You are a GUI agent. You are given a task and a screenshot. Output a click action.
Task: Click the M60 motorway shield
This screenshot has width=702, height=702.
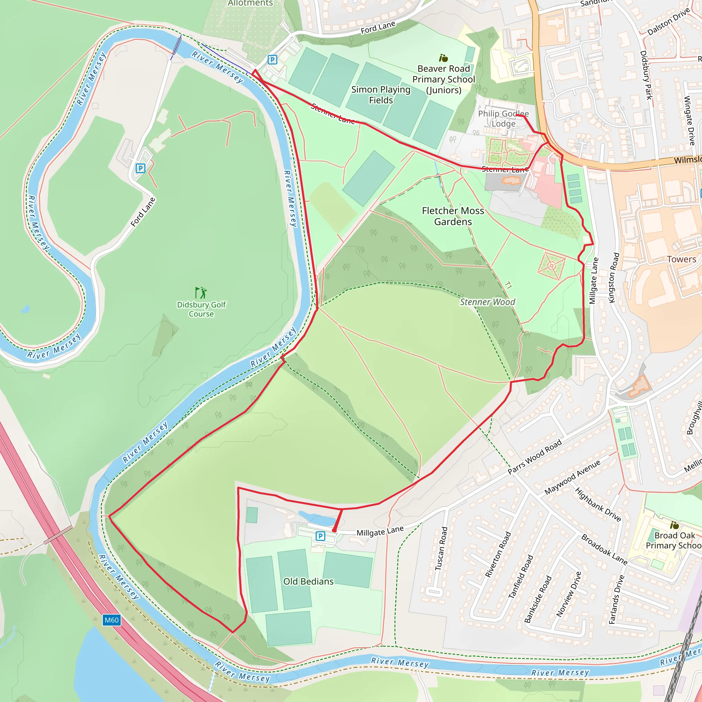coord(111,620)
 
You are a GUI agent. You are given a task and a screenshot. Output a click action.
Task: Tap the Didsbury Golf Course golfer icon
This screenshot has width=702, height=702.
coord(201,292)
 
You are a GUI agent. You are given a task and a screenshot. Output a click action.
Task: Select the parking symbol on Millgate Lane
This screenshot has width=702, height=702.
coord(320,536)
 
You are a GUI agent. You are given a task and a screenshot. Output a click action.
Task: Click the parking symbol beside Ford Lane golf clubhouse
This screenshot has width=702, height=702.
coord(140,168)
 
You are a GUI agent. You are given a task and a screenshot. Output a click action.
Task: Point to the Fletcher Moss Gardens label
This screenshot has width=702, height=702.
coord(453,216)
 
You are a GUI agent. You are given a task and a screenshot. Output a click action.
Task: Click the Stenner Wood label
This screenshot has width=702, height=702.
coord(487,302)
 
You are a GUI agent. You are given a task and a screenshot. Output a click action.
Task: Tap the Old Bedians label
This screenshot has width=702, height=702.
coord(308,581)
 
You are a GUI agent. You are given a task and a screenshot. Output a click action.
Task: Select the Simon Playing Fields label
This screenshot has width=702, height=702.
coord(381,95)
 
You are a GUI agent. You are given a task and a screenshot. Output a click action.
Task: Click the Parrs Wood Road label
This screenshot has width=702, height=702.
coord(534,457)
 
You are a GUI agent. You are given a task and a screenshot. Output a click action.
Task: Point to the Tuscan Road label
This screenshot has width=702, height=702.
coord(441,549)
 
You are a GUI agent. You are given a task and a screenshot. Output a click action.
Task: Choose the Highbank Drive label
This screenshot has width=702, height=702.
coord(598,505)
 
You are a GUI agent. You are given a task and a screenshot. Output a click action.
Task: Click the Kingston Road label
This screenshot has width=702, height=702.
coord(614,278)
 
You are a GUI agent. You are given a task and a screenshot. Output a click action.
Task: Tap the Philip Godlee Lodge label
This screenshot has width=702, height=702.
coord(503,119)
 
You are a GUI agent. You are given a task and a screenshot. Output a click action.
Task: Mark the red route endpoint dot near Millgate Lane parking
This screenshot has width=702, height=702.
coord(334,531)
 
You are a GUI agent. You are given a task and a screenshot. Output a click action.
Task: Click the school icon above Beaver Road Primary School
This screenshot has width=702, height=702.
coord(443,58)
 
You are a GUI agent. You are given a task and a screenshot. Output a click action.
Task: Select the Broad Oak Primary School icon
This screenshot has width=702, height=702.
coord(674,525)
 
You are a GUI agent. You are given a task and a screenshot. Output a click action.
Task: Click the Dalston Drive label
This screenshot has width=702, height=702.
coord(668,22)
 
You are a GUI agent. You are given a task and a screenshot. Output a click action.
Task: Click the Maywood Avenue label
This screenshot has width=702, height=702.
coord(572,478)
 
